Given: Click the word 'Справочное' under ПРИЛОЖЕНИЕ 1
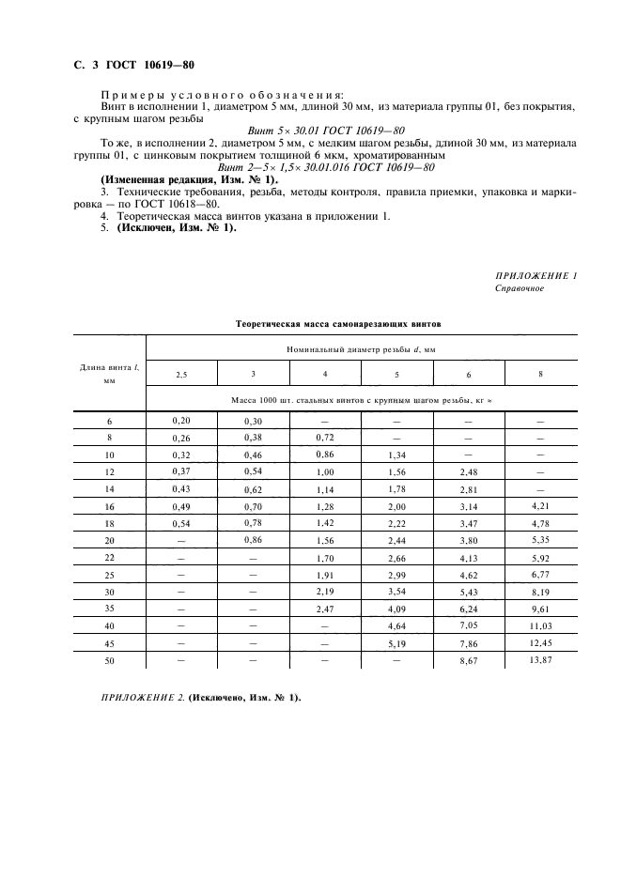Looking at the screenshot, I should [x=520, y=288].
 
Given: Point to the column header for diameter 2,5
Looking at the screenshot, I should [x=180, y=375].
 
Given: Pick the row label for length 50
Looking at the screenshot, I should [x=109, y=663].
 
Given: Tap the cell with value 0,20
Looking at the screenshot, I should [x=180, y=423].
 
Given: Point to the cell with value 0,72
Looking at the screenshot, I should [x=325, y=438].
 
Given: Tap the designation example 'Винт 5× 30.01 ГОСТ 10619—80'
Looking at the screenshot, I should [x=324, y=131].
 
